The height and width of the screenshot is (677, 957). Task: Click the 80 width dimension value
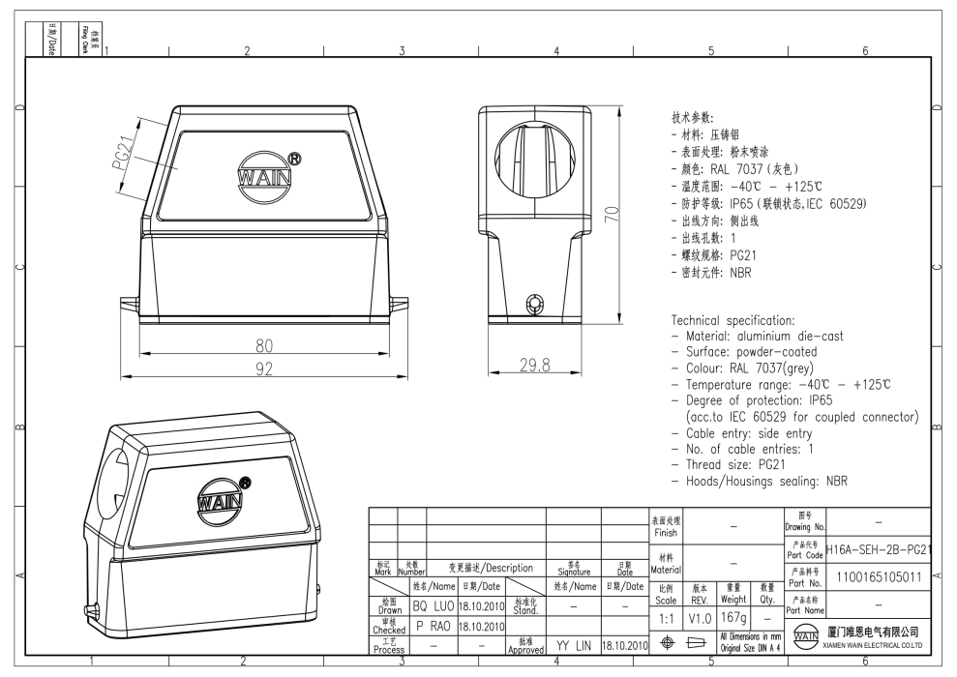[263, 346]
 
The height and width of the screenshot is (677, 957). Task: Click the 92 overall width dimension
[263, 368]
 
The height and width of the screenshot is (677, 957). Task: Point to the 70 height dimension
[611, 214]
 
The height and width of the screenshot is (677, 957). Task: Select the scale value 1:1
[666, 615]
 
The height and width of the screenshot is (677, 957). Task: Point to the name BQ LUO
[434, 605]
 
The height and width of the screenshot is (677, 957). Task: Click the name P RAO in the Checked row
[434, 625]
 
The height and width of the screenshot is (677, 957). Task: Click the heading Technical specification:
[733, 320]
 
